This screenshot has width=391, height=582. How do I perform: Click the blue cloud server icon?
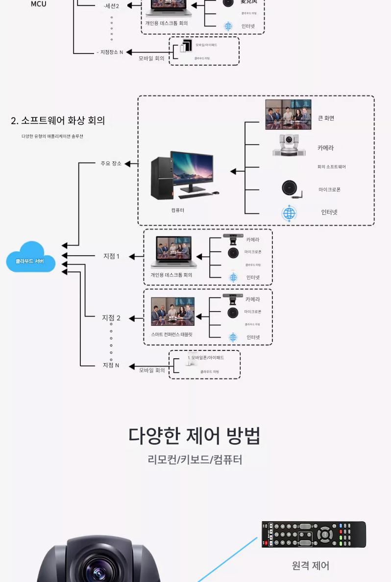(30, 257)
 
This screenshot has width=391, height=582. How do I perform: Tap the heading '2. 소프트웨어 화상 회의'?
(58, 121)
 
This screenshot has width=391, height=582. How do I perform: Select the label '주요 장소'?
(111, 163)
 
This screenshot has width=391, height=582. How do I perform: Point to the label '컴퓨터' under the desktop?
(178, 210)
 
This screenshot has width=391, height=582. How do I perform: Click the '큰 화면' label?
(326, 118)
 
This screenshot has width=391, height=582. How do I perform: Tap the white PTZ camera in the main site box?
(289, 145)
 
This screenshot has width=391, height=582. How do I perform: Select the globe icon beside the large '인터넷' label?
(289, 213)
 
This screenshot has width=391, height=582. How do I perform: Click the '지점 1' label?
(111, 256)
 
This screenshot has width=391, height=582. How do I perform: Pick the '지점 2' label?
(111, 318)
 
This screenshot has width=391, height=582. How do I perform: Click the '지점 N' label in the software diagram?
(111, 365)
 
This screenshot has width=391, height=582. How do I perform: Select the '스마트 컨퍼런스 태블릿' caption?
(171, 334)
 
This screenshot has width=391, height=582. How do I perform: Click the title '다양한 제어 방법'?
(195, 436)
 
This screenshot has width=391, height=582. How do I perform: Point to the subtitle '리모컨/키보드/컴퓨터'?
(195, 460)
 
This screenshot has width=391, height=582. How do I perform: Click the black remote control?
(314, 534)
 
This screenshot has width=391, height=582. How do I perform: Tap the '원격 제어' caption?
(311, 566)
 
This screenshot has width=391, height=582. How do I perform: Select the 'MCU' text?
(39, 4)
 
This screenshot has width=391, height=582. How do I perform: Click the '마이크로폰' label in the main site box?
(329, 189)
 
